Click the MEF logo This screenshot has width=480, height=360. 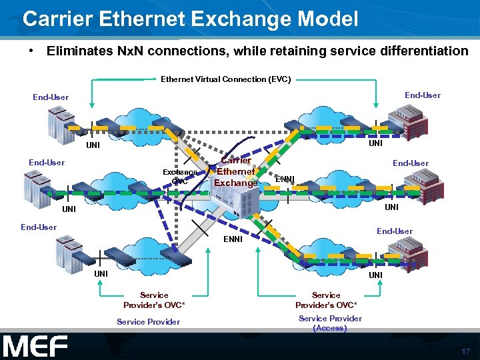point(35,346)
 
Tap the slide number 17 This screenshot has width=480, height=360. point(465,351)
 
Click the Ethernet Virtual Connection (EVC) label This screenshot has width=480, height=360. point(225,79)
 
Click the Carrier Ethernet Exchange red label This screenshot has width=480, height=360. point(236,171)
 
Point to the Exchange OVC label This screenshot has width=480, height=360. point(180,177)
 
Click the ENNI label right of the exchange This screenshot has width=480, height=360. point(285,179)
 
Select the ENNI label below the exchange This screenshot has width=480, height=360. point(233,239)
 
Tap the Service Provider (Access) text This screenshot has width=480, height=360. point(330,323)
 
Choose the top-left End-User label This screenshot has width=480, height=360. point(51,97)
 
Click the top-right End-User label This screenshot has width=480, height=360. point(423,95)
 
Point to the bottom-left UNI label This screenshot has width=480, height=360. point(101,273)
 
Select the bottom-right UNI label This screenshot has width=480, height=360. point(376,275)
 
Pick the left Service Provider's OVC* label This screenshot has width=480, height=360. point(154,299)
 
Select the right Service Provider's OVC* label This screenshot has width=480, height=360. point(326,299)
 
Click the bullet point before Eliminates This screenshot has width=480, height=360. point(31,51)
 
